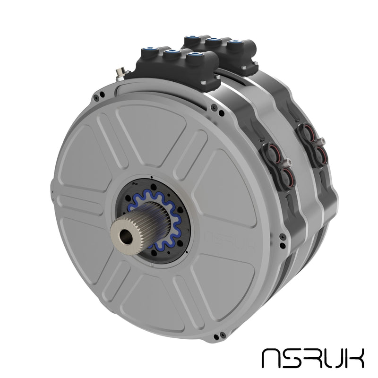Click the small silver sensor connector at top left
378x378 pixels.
tap(121, 73)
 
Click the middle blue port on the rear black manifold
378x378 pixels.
tap(214, 40)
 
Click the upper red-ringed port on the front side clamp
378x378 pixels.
tap(273, 152)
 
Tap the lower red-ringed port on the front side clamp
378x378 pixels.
tap(286, 176)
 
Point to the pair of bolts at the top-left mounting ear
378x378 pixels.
tap(98, 97)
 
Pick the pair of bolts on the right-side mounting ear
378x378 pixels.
tap(283, 240)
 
